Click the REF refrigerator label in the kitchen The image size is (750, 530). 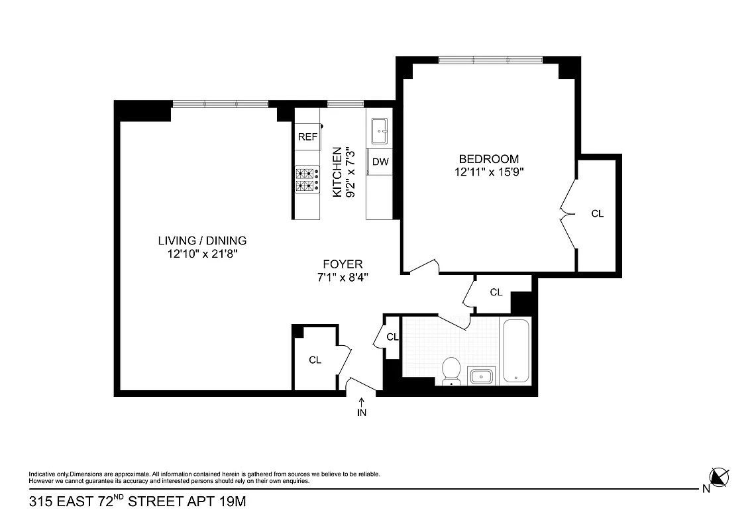click(x=307, y=137)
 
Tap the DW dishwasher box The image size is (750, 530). click(x=380, y=162)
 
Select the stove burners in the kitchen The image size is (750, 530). click(x=307, y=180)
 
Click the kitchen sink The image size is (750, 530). click(x=380, y=131)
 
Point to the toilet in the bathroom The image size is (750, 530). click(x=452, y=370)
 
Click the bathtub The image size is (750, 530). click(x=516, y=351)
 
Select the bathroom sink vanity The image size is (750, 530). click(x=481, y=376)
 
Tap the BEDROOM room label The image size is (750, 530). click(x=489, y=159)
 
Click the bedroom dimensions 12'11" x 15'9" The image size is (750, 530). click(x=489, y=172)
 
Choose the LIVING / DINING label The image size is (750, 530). click(x=202, y=240)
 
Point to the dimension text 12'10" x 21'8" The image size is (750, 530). click(x=202, y=253)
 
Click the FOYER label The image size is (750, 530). click(x=343, y=264)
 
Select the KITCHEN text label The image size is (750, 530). click(x=337, y=172)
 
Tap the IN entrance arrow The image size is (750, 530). click(x=362, y=406)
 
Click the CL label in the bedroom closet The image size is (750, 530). click(x=597, y=214)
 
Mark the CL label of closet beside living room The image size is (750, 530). click(x=315, y=360)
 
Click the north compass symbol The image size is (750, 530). click(x=719, y=477)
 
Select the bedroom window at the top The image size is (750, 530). click(x=490, y=60)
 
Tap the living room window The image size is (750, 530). click(x=220, y=103)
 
